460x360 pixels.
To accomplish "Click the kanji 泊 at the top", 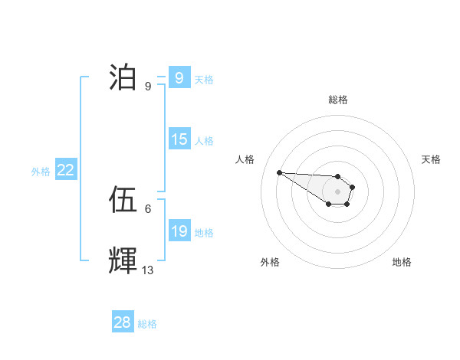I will coord(123,77).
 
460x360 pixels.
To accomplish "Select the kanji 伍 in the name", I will coord(123,201).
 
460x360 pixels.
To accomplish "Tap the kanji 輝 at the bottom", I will coord(123,261).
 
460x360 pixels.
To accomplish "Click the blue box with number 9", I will coord(179,77).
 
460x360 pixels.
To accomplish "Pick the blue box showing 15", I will coord(179,140).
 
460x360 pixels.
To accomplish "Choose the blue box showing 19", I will coord(179,231).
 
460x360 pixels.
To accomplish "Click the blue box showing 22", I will coord(65,171).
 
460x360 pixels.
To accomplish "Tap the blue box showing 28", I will coord(123,322).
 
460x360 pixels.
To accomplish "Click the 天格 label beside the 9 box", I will coord(204,79).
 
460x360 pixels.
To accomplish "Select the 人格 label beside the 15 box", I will coord(204,141).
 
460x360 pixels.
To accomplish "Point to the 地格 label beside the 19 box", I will coord(204,233).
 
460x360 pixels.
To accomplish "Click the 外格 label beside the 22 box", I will coord(41,172).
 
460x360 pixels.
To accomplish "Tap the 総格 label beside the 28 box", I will coord(147,324).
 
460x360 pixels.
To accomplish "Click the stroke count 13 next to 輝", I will coord(148,270).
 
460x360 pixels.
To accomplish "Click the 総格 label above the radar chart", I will coord(338,100).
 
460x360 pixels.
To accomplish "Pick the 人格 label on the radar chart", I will coord(245,159).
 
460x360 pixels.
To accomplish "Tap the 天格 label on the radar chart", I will coord(432,159).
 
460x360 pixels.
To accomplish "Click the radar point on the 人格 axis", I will coord(279,172).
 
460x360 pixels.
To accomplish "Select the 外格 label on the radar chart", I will coord(270,262).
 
